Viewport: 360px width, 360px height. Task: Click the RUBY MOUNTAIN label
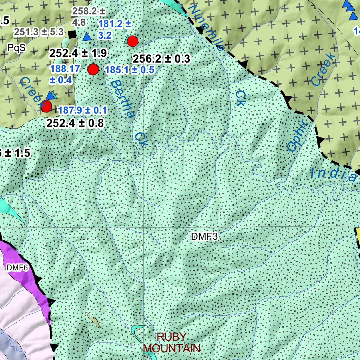click(x=172, y=342)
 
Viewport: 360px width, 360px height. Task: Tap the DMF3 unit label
click(x=204, y=237)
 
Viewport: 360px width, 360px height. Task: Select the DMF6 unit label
click(x=17, y=268)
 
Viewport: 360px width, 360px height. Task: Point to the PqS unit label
click(x=17, y=48)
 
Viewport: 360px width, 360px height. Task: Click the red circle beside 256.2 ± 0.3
click(x=132, y=41)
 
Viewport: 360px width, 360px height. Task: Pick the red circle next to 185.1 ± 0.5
click(x=93, y=70)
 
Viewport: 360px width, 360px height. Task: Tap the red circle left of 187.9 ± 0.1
click(x=46, y=105)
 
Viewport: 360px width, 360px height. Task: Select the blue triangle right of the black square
click(x=87, y=36)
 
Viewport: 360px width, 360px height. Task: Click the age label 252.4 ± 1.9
click(x=78, y=53)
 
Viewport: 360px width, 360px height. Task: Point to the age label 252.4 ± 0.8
click(x=75, y=123)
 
